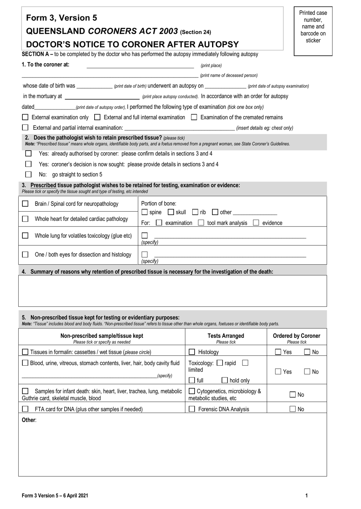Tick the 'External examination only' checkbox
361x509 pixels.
(25, 117)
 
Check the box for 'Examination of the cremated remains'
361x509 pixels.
(194, 117)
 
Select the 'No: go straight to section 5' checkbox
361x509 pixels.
(28, 174)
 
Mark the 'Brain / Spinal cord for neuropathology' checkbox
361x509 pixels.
(25, 204)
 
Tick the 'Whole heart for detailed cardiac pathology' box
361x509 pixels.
(25, 219)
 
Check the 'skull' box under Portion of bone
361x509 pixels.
(171, 212)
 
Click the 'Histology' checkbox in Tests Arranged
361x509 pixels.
(192, 352)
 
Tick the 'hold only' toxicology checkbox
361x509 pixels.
(225, 380)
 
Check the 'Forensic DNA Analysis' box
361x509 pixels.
(192, 409)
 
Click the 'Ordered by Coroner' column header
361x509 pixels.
(296, 336)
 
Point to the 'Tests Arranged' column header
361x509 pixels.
(226, 336)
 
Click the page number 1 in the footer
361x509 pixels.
(306, 495)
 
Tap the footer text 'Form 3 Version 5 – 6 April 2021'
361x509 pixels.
(55, 495)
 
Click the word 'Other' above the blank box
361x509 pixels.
(28, 420)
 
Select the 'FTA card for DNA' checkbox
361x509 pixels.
(25, 409)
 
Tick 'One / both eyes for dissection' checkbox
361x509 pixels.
(25, 254)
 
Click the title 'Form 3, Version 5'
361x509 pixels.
(62, 18)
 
